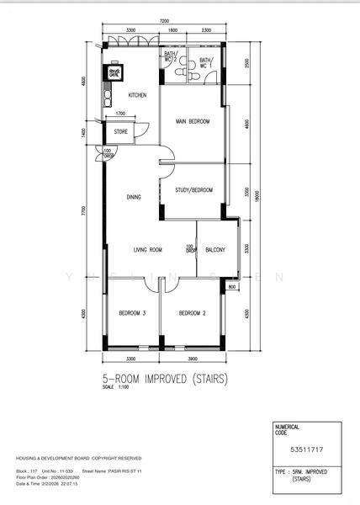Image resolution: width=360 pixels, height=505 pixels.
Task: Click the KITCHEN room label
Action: [137, 95]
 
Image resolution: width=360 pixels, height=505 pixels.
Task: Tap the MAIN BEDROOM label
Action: [192, 122]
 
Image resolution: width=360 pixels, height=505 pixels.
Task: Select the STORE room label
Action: [121, 131]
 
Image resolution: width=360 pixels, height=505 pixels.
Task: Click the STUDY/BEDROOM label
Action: [193, 190]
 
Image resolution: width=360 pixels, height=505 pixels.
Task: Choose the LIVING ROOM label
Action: [146, 249]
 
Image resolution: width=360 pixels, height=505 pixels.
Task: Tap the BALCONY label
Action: [214, 249]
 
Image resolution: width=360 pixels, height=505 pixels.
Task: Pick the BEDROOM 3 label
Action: [132, 313]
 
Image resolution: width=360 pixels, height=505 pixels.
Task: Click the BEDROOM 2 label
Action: [193, 313]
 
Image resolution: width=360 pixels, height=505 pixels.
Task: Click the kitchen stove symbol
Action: [112, 72]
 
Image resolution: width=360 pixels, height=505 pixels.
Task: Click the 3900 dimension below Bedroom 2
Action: [194, 357]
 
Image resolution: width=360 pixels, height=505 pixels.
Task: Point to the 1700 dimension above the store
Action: [120, 113]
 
